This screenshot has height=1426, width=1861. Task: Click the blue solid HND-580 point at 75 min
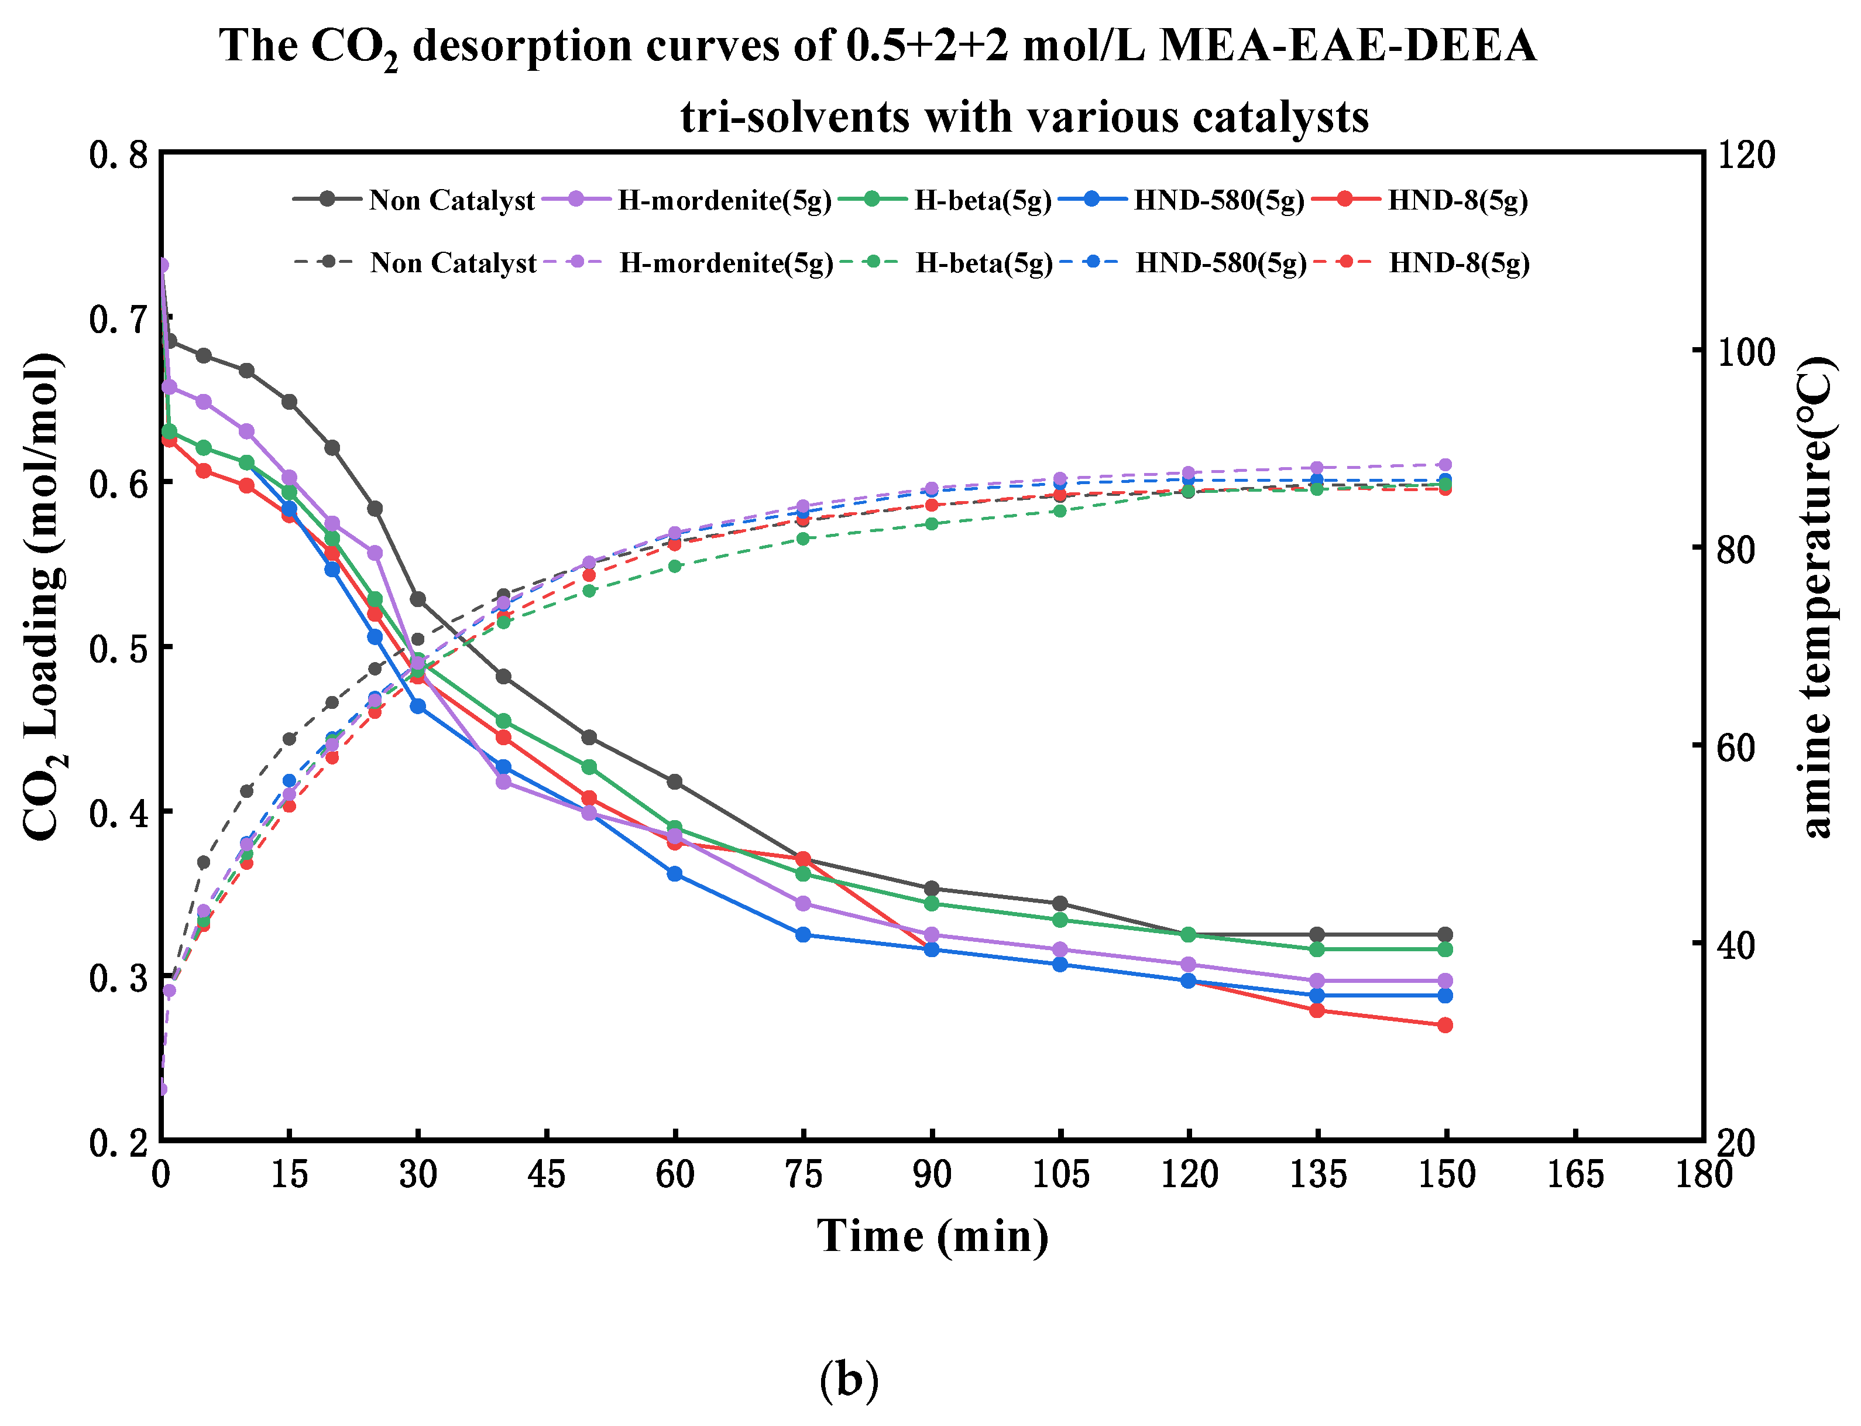(803, 934)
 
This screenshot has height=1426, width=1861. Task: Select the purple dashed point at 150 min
(1445, 464)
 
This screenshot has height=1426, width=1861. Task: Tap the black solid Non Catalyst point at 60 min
(675, 781)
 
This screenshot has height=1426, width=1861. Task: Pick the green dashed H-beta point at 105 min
(1059, 511)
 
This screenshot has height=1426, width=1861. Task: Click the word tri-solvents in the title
(794, 116)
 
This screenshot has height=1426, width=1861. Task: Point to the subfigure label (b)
(849, 1379)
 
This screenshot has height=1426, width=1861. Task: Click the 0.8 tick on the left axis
(119, 155)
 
